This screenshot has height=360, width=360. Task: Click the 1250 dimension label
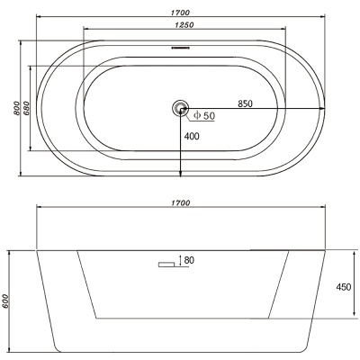point(184,25)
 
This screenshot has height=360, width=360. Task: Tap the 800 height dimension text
point(16,108)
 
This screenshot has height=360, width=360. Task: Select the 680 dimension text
point(26,108)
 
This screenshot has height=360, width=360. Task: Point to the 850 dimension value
point(245,103)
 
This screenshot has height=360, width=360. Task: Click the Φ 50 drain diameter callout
point(204,115)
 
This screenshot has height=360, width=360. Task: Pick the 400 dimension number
point(192,136)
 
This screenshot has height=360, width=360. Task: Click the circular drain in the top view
point(180,108)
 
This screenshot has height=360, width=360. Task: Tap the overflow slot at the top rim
point(180,47)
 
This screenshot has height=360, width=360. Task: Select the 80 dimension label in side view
point(189,260)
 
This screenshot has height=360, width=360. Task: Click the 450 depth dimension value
point(344,287)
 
